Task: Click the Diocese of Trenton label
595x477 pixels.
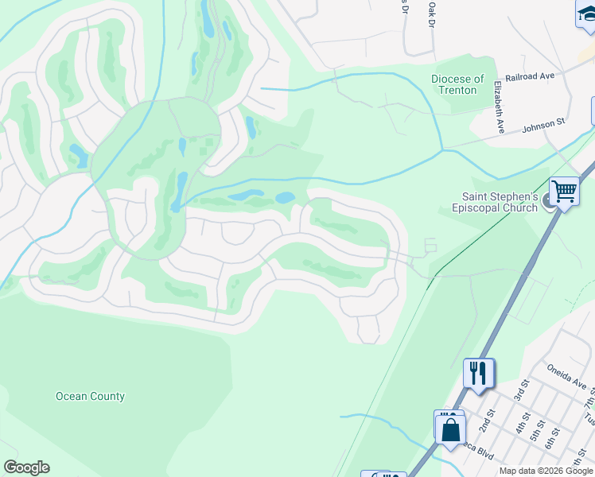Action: click(x=457, y=84)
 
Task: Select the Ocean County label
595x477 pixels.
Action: click(x=90, y=396)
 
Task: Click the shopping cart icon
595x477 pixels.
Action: click(x=564, y=191)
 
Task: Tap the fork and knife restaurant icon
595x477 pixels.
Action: click(x=478, y=372)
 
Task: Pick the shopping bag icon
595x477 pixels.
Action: click(x=450, y=429)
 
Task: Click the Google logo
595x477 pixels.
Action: click(x=26, y=467)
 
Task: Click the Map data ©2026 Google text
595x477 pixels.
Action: click(x=545, y=471)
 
